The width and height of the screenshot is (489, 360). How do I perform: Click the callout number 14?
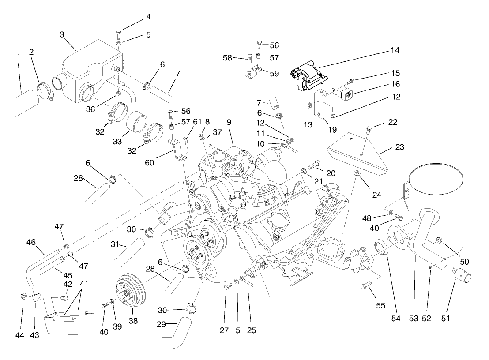395,50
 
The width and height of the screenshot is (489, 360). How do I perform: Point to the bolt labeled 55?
367,287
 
